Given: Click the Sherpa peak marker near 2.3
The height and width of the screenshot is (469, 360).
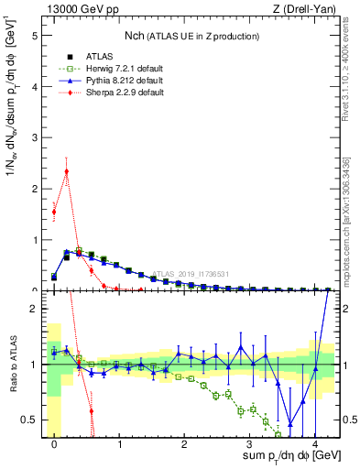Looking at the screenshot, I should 66,170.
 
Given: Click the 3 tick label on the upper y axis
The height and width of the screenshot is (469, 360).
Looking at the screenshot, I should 38,137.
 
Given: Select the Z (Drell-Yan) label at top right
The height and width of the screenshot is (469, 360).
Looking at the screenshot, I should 310,8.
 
